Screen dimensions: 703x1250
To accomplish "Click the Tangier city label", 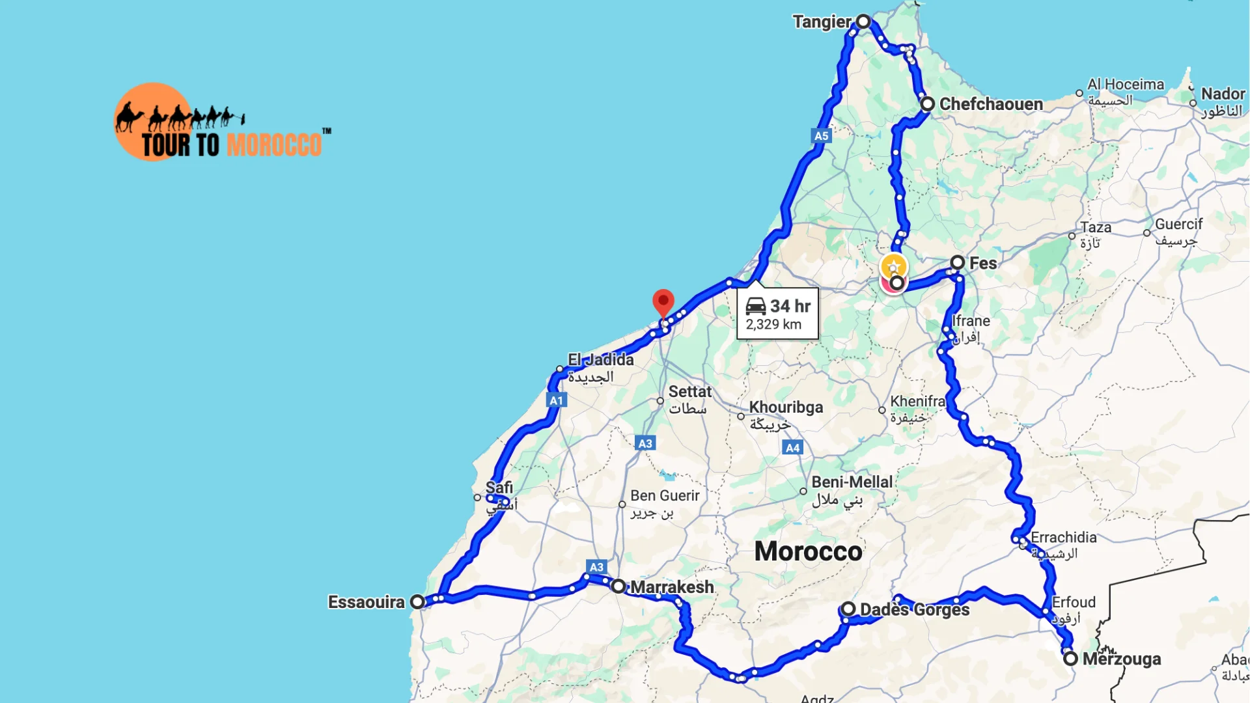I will [822, 22].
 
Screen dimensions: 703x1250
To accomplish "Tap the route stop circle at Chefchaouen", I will [928, 104].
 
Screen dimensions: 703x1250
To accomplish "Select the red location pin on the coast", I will [663, 302].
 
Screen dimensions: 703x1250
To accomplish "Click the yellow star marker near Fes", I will [893, 266].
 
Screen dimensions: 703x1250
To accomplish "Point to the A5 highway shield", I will [821, 136].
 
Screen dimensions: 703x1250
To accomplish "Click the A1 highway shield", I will [556, 400].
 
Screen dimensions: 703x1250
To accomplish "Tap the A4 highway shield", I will [792, 448].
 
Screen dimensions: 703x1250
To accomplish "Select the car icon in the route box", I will [755, 306].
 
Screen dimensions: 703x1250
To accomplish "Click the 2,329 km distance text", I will [773, 325].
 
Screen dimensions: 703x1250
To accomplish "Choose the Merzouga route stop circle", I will [1070, 659].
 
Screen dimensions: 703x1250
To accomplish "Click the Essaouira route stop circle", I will [417, 602].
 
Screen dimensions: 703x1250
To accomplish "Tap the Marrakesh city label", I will [672, 587].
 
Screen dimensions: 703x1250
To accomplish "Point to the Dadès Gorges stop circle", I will [848, 609].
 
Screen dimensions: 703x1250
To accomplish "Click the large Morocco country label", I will [808, 551].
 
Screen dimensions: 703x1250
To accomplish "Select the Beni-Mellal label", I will [852, 482].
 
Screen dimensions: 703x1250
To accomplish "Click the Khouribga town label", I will [786, 407].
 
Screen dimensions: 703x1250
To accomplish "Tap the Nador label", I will [1223, 94].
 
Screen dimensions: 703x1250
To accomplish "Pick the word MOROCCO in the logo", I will [274, 145].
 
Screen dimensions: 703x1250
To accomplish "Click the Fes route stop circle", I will [957, 263].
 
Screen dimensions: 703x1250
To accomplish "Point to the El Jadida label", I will [600, 360].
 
